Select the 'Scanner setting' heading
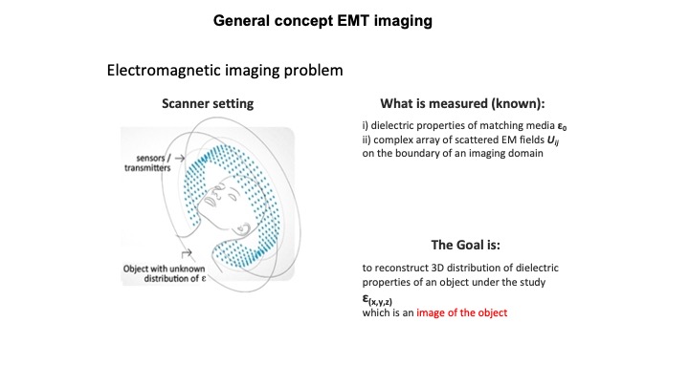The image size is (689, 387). (x=201, y=103)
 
